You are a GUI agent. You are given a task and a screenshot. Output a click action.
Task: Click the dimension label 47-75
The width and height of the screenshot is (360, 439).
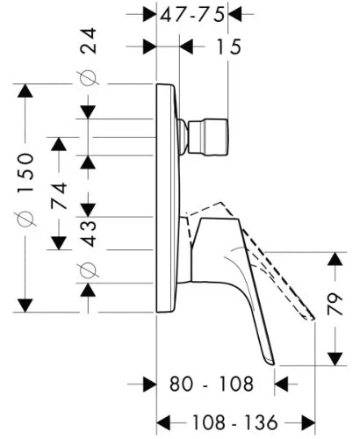pos(192,15)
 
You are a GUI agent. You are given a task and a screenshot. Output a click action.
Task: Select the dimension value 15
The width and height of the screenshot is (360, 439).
pos(228,47)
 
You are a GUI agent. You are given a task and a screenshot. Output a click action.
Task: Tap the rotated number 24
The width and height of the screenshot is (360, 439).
pos(88,40)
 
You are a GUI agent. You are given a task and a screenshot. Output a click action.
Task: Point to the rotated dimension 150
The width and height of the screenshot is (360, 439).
pos(25,173)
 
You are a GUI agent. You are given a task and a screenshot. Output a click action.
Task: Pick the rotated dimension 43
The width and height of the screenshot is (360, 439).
pos(88,234)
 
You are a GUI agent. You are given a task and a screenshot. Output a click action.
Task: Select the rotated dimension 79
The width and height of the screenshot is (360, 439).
pos(335,304)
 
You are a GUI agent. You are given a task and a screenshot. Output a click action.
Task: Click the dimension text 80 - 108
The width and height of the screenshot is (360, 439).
pos(212,384)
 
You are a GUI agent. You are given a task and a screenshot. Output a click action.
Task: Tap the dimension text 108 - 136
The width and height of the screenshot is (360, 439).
pos(234,422)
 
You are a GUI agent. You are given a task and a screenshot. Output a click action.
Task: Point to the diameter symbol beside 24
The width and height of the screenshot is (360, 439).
pos(88,78)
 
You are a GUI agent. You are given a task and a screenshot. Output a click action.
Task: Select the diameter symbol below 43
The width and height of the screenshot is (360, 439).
pos(88,270)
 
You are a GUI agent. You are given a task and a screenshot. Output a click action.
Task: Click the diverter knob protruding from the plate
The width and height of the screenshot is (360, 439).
pos(208,137)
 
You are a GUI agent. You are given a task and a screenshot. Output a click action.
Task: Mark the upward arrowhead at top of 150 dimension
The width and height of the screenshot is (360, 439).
pos(25,90)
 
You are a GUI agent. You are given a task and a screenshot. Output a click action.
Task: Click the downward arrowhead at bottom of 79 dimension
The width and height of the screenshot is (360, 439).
pos(335,359)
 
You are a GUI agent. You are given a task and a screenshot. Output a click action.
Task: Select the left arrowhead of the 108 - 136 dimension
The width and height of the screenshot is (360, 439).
pos(163,422)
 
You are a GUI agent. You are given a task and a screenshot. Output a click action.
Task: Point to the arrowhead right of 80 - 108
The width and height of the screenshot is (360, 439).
pos(281,384)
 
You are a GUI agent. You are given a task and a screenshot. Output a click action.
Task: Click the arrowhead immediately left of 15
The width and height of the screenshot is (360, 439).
pos(186,47)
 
